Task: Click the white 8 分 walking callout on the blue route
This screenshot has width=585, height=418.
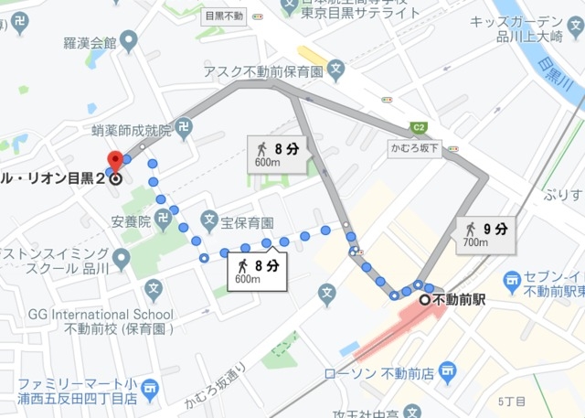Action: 257,271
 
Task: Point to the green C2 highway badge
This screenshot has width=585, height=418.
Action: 420,128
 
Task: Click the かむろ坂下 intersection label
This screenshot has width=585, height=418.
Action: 415,147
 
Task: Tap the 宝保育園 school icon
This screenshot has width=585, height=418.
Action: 208,221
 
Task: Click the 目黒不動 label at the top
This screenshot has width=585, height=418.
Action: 223,16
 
